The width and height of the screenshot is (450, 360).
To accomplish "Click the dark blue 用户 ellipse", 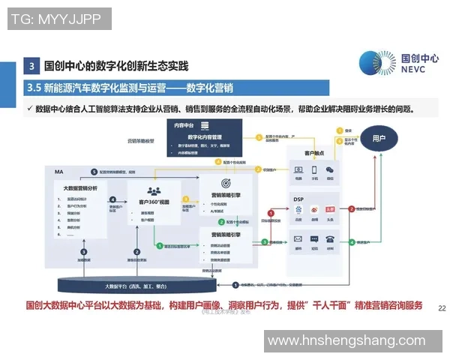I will pyautogui.click(x=379, y=139).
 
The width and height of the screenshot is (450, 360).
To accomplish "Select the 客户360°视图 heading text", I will pyautogui.click(x=157, y=202).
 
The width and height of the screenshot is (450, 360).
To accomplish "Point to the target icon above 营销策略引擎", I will pyautogui.click(x=226, y=184).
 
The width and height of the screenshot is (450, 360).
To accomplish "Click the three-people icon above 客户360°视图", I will pyautogui.click(x=156, y=190).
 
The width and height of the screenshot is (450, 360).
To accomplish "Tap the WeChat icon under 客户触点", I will pyautogui.click(x=330, y=171).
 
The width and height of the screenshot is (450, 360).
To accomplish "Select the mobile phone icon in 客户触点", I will pyautogui.click(x=314, y=171).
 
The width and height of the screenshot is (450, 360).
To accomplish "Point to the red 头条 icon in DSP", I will pyautogui.click(x=330, y=212).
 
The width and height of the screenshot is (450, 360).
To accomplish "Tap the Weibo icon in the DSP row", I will pyautogui.click(x=314, y=212).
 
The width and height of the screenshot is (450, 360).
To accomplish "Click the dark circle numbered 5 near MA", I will pyautogui.click(x=94, y=172).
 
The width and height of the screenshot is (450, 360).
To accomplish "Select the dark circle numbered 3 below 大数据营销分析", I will pyautogui.click(x=85, y=253).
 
